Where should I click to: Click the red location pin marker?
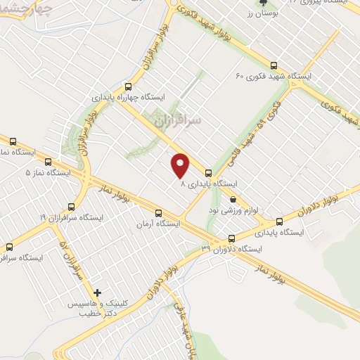[x=181, y=165]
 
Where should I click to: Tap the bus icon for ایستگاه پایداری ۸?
[x=208, y=172]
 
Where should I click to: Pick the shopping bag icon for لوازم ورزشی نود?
[x=233, y=198]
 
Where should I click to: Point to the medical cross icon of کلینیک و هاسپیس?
[x=98, y=292]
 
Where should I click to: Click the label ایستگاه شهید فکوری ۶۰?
[x=274, y=76]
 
